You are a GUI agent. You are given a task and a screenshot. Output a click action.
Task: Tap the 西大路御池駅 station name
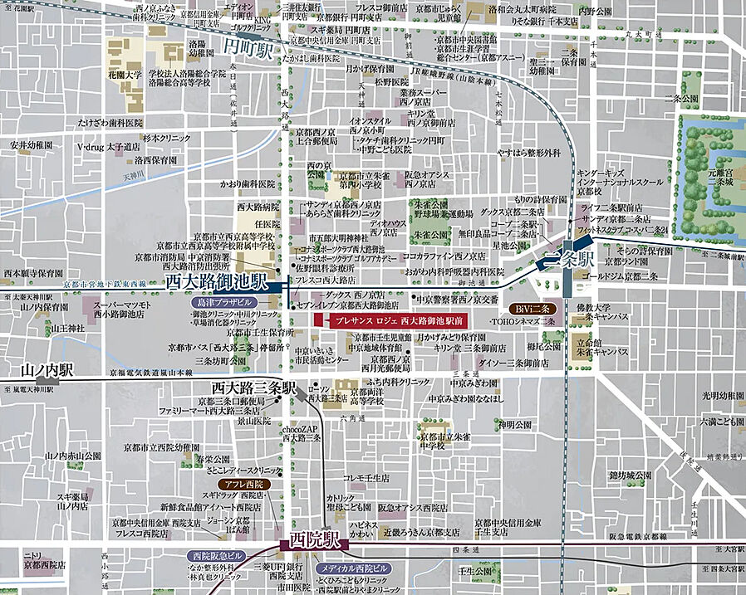(x=216, y=283)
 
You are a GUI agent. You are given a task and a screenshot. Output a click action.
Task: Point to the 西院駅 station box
(x=315, y=541)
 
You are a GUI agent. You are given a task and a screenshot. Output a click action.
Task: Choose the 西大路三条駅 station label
(x=253, y=388)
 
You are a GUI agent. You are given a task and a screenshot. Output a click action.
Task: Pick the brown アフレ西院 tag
(x=240, y=483)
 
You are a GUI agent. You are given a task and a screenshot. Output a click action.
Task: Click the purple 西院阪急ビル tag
(x=218, y=555)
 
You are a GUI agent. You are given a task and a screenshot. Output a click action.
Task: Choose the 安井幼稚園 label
(x=32, y=144)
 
